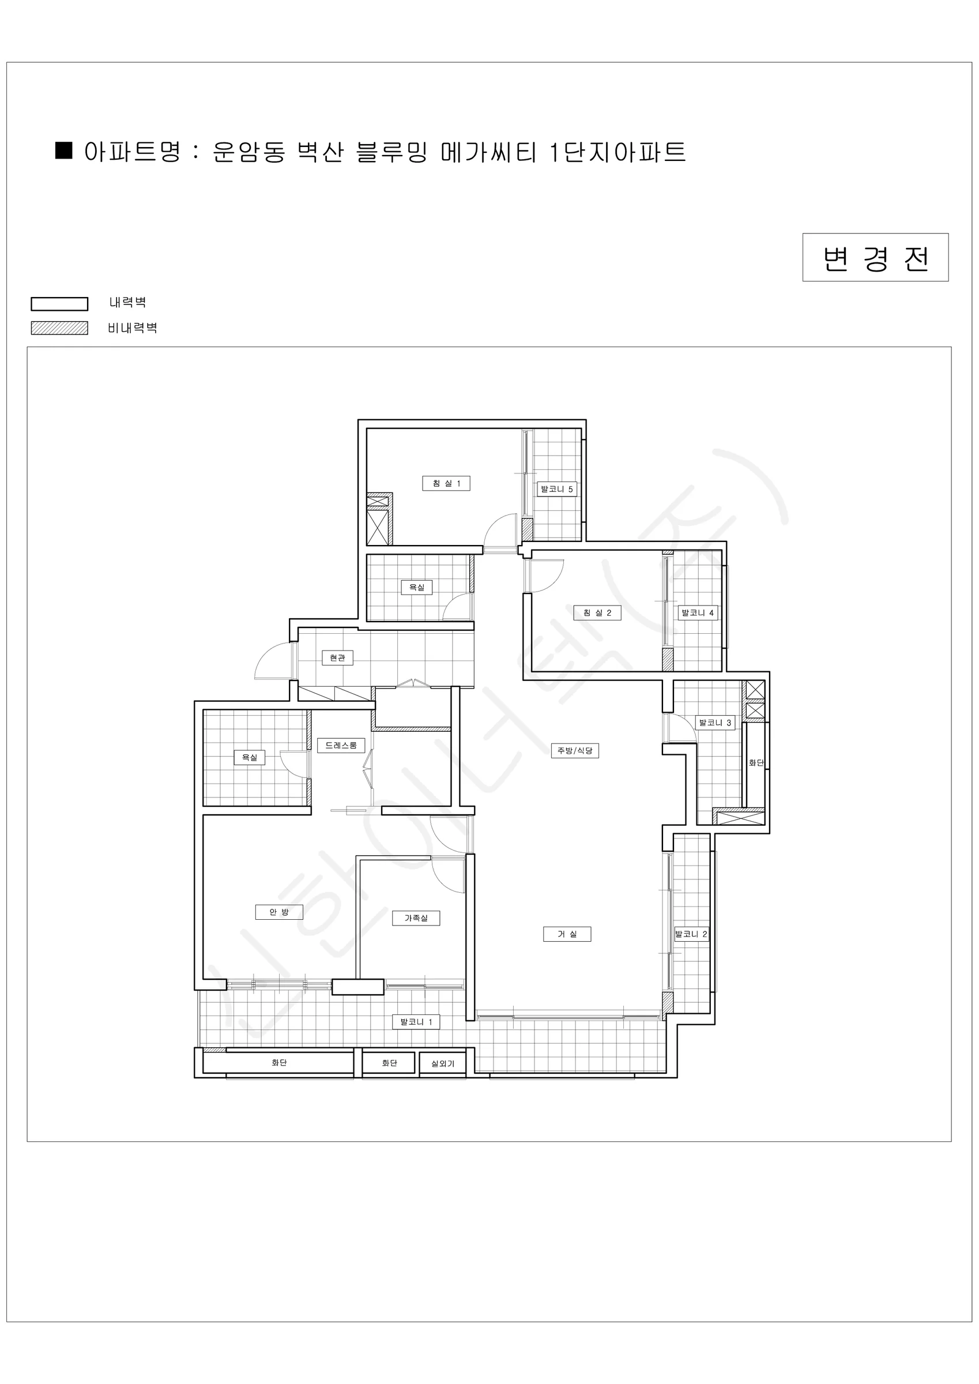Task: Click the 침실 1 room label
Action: [x=446, y=483]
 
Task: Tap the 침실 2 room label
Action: [x=597, y=613]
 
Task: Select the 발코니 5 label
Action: [x=557, y=489]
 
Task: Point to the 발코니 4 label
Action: [x=698, y=613]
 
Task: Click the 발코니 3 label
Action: [x=715, y=723]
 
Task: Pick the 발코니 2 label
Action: [x=691, y=934]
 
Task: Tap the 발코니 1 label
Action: [x=416, y=1022]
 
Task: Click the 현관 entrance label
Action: [x=338, y=657]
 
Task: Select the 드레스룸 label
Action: [x=341, y=746]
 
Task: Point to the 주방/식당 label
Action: [x=574, y=750]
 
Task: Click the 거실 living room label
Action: [x=567, y=934]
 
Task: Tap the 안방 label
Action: [x=279, y=912]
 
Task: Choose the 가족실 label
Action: [x=416, y=918]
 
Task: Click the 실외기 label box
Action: [x=443, y=1063]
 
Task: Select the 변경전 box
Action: [x=875, y=257]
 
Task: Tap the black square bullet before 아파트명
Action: [x=64, y=150]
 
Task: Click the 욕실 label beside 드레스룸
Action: [x=250, y=758]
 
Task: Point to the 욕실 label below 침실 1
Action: [x=416, y=587]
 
